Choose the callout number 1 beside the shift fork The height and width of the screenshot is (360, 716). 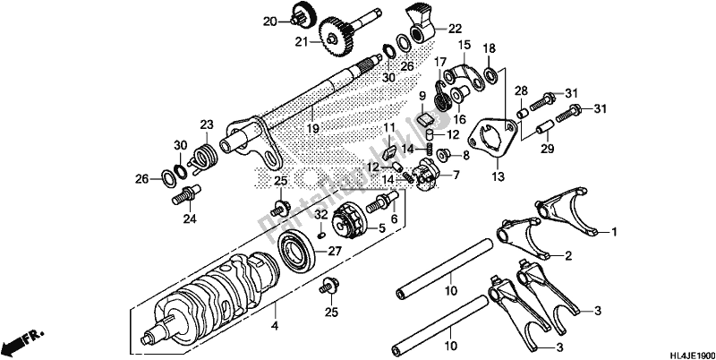(613, 232)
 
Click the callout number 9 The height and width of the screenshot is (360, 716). (423, 96)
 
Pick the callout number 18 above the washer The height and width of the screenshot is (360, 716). (489, 47)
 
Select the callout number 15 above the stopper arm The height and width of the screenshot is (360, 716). (465, 44)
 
